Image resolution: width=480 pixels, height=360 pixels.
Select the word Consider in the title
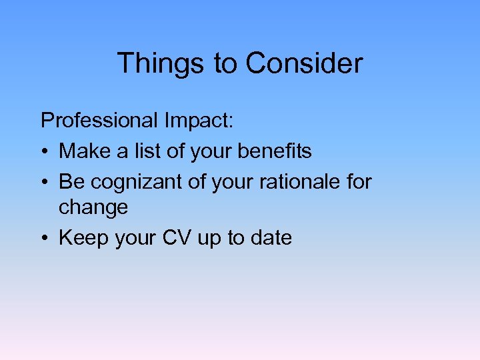coord(304,64)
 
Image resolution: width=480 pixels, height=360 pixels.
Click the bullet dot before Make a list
coord(45,152)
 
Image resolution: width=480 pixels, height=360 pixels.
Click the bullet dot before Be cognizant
coord(45,181)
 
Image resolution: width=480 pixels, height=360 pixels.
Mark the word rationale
coord(297,181)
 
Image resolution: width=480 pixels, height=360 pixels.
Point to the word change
coord(93,207)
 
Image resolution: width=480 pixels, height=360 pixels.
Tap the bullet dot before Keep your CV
coord(45,239)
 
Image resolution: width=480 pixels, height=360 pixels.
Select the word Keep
coord(81,238)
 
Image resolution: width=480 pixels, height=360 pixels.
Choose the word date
coord(271,238)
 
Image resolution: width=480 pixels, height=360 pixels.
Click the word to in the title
coord(225,64)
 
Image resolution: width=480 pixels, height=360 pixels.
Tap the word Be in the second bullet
coord(70,181)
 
